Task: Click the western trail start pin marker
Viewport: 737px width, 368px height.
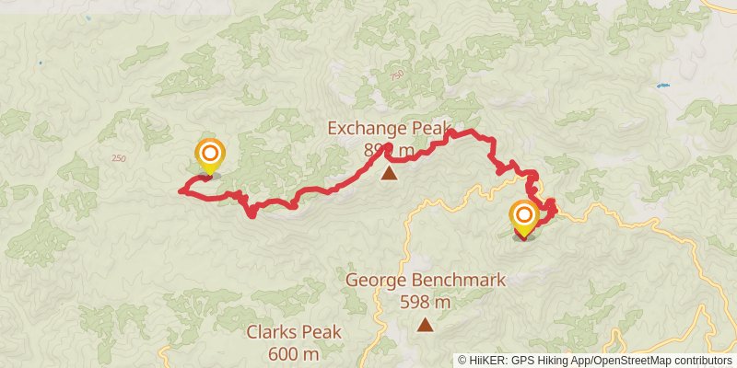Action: click(209, 155)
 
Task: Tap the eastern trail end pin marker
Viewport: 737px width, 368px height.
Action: click(523, 218)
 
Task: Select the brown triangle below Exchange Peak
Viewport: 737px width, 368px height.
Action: click(390, 172)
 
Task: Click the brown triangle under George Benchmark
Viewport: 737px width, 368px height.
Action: click(425, 324)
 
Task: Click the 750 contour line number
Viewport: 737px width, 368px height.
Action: click(396, 75)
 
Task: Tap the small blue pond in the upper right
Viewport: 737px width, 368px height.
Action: click(661, 86)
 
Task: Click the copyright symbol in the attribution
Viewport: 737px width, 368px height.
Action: click(462, 361)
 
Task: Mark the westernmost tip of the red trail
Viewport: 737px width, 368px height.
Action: click(178, 191)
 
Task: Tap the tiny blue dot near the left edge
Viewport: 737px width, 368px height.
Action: click(40, 63)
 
